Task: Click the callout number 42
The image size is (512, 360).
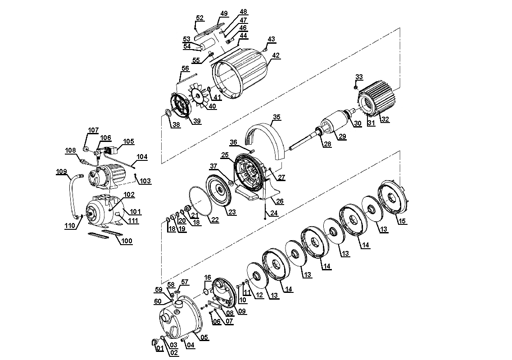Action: [276, 55]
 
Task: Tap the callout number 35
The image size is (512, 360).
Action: [277, 117]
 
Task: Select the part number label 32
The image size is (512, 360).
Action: [385, 119]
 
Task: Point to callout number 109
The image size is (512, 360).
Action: [61, 172]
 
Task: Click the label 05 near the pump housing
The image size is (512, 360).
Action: [204, 337]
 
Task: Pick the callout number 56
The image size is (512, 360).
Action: [186, 68]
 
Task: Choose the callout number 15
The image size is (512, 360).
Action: [402, 221]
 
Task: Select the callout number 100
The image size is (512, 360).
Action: [127, 241]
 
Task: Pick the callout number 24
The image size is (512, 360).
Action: [274, 213]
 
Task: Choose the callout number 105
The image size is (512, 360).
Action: [129, 141]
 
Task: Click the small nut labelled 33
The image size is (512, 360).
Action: [356, 87]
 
